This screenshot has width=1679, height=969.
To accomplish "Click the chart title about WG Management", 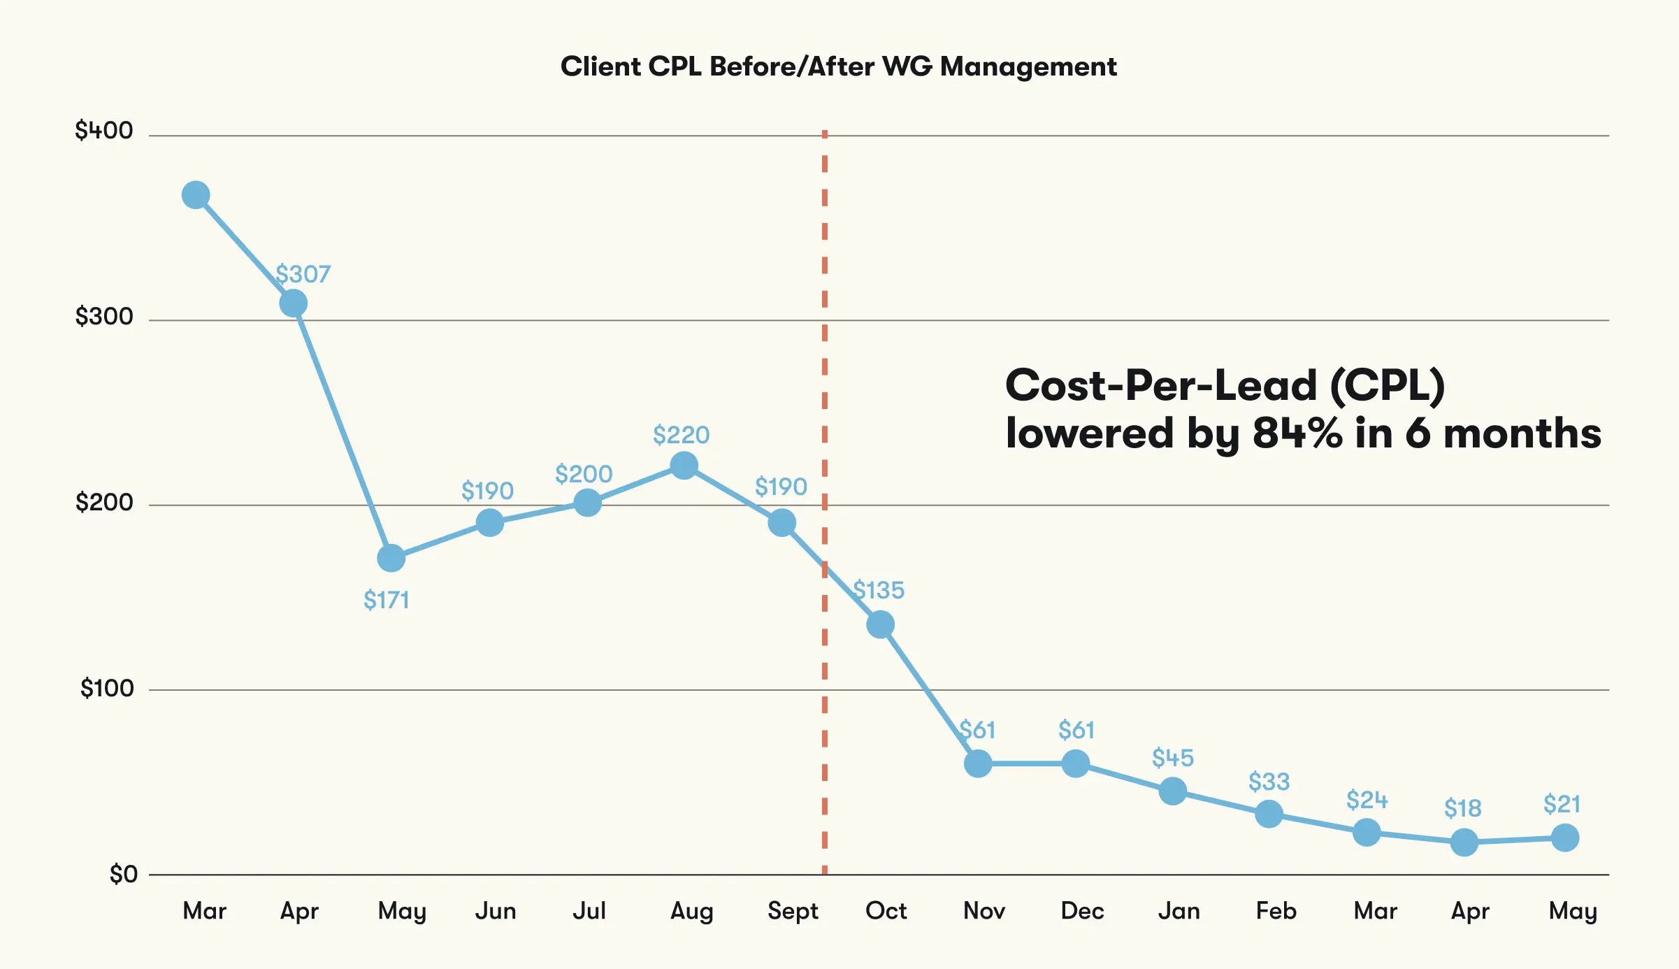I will click(838, 66).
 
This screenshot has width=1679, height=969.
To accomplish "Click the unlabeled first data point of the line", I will click(196, 195).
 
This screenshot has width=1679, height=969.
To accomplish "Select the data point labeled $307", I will click(294, 303).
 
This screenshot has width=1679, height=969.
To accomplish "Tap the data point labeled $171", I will click(391, 558).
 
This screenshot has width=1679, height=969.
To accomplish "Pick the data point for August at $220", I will click(684, 465).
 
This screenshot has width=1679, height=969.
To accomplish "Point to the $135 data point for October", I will click(880, 624).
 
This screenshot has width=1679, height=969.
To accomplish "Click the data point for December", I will click(1075, 763).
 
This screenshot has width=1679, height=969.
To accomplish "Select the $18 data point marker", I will click(1464, 842).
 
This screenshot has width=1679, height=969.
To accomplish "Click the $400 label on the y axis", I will click(104, 131).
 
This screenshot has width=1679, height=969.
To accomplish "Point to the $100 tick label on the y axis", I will click(107, 689).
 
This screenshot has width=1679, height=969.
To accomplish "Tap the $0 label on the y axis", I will click(123, 874).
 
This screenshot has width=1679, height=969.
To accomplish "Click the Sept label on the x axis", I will click(793, 911).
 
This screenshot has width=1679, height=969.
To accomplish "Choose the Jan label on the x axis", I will click(1179, 911).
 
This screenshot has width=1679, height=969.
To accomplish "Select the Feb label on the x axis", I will click(1276, 911).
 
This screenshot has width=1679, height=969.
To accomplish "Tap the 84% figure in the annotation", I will click(1297, 433).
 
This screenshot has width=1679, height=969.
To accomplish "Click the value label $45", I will click(1173, 758).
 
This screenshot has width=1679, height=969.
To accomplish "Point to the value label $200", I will click(584, 474).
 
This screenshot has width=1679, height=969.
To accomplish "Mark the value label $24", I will click(1367, 800).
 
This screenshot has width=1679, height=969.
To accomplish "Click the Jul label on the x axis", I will click(589, 911).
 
